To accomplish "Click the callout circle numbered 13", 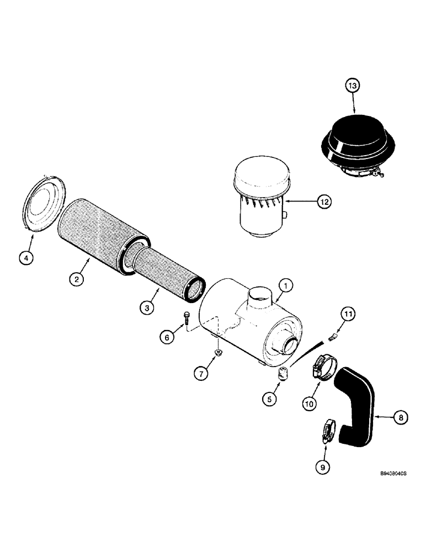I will (x=353, y=86).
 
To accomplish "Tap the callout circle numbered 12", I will (x=324, y=203).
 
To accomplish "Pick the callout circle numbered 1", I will (x=285, y=285).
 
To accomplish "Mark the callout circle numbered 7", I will (x=201, y=374).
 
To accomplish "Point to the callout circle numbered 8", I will (x=401, y=419).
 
